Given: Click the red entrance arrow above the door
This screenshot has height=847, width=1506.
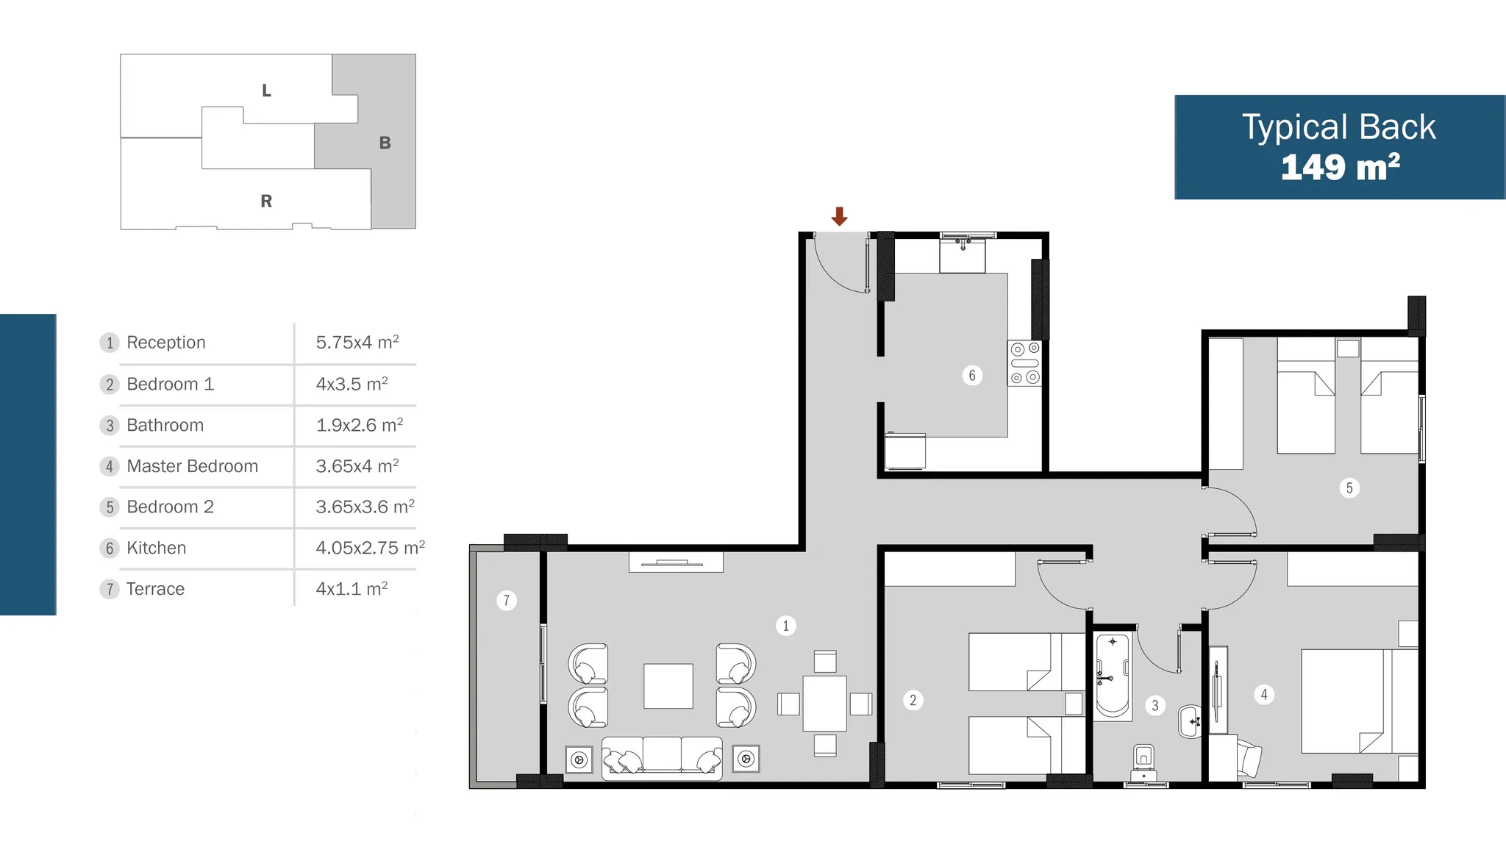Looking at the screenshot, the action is (839, 216).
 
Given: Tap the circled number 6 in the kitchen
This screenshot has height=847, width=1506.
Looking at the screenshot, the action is (972, 376).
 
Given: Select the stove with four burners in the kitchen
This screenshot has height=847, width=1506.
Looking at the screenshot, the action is (1024, 363).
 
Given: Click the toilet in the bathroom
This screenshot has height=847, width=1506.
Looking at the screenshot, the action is (1143, 762).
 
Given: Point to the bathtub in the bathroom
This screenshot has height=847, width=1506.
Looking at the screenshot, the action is (1112, 676).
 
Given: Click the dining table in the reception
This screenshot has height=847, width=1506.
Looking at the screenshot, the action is (824, 704).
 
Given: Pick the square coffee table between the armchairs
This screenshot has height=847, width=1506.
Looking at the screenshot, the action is (668, 686).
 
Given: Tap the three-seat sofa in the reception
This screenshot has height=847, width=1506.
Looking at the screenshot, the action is (662, 757).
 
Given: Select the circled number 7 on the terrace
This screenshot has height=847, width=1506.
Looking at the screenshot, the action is (506, 601).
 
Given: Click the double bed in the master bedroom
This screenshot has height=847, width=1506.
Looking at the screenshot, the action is (1359, 701).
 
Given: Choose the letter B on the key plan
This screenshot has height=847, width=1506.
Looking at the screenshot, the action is (385, 143).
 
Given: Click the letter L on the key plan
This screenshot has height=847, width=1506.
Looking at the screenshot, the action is (266, 90).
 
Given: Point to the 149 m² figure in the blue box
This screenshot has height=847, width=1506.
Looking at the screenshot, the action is (1340, 167).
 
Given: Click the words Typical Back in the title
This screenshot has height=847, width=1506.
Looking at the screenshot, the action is (1339, 127).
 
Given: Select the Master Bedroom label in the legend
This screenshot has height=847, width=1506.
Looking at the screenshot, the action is (192, 466).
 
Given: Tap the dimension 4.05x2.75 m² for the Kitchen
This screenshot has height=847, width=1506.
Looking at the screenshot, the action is (371, 548).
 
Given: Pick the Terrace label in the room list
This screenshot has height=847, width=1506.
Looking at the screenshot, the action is (155, 589).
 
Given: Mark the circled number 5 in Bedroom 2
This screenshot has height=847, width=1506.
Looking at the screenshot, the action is (1349, 487).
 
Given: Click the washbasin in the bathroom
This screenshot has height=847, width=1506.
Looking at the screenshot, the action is (1190, 722).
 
